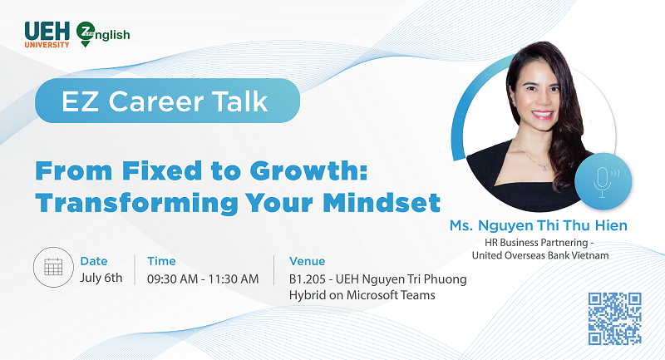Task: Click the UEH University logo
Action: [47, 35]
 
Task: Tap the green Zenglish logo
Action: [103, 34]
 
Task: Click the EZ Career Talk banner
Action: [168, 101]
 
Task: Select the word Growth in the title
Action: [308, 170]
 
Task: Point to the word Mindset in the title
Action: [382, 203]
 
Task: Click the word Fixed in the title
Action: [162, 170]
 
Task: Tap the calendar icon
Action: [53, 267]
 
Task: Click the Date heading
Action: [94, 261]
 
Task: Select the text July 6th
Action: [101, 278]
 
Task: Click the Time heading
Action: [161, 261]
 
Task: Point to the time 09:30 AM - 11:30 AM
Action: [203, 279]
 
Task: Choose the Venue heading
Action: [307, 261]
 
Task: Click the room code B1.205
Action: [308, 279]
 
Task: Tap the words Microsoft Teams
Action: [391, 295]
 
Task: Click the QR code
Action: [614, 318]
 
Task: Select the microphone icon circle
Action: [603, 181]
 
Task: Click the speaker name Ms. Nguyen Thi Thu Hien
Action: [538, 225]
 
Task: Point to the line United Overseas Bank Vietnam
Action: [539, 255]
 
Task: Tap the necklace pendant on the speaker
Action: [544, 168]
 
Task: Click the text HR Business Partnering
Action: [536, 243]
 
